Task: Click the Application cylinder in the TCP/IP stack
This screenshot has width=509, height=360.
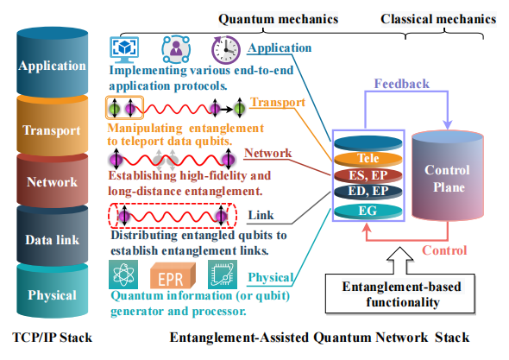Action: (x=53, y=62)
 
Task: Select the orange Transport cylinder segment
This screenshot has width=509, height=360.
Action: (x=53, y=126)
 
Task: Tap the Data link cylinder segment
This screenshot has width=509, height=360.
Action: (x=53, y=236)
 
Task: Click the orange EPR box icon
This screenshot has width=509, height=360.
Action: (x=173, y=276)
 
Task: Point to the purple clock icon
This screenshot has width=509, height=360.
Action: (x=226, y=50)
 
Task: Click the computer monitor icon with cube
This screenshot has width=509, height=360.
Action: (x=124, y=50)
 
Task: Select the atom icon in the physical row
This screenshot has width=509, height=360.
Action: (x=123, y=275)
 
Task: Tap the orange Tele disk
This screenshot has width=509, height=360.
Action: (x=368, y=159)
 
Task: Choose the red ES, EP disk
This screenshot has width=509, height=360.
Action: (x=368, y=175)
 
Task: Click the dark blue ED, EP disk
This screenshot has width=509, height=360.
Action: (x=368, y=191)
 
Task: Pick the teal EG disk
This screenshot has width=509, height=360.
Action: (x=368, y=212)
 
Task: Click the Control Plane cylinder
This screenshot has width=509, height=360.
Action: (x=448, y=176)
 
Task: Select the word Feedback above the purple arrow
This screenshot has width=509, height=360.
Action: (x=401, y=84)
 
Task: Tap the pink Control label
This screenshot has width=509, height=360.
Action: (x=444, y=250)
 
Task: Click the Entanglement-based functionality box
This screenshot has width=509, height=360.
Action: (x=400, y=294)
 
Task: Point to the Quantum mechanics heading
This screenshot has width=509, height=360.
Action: (x=278, y=19)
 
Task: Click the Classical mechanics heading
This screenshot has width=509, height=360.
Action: (x=438, y=19)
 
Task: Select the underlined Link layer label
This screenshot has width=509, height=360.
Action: (x=261, y=215)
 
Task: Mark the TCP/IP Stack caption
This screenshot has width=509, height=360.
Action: (x=53, y=338)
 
